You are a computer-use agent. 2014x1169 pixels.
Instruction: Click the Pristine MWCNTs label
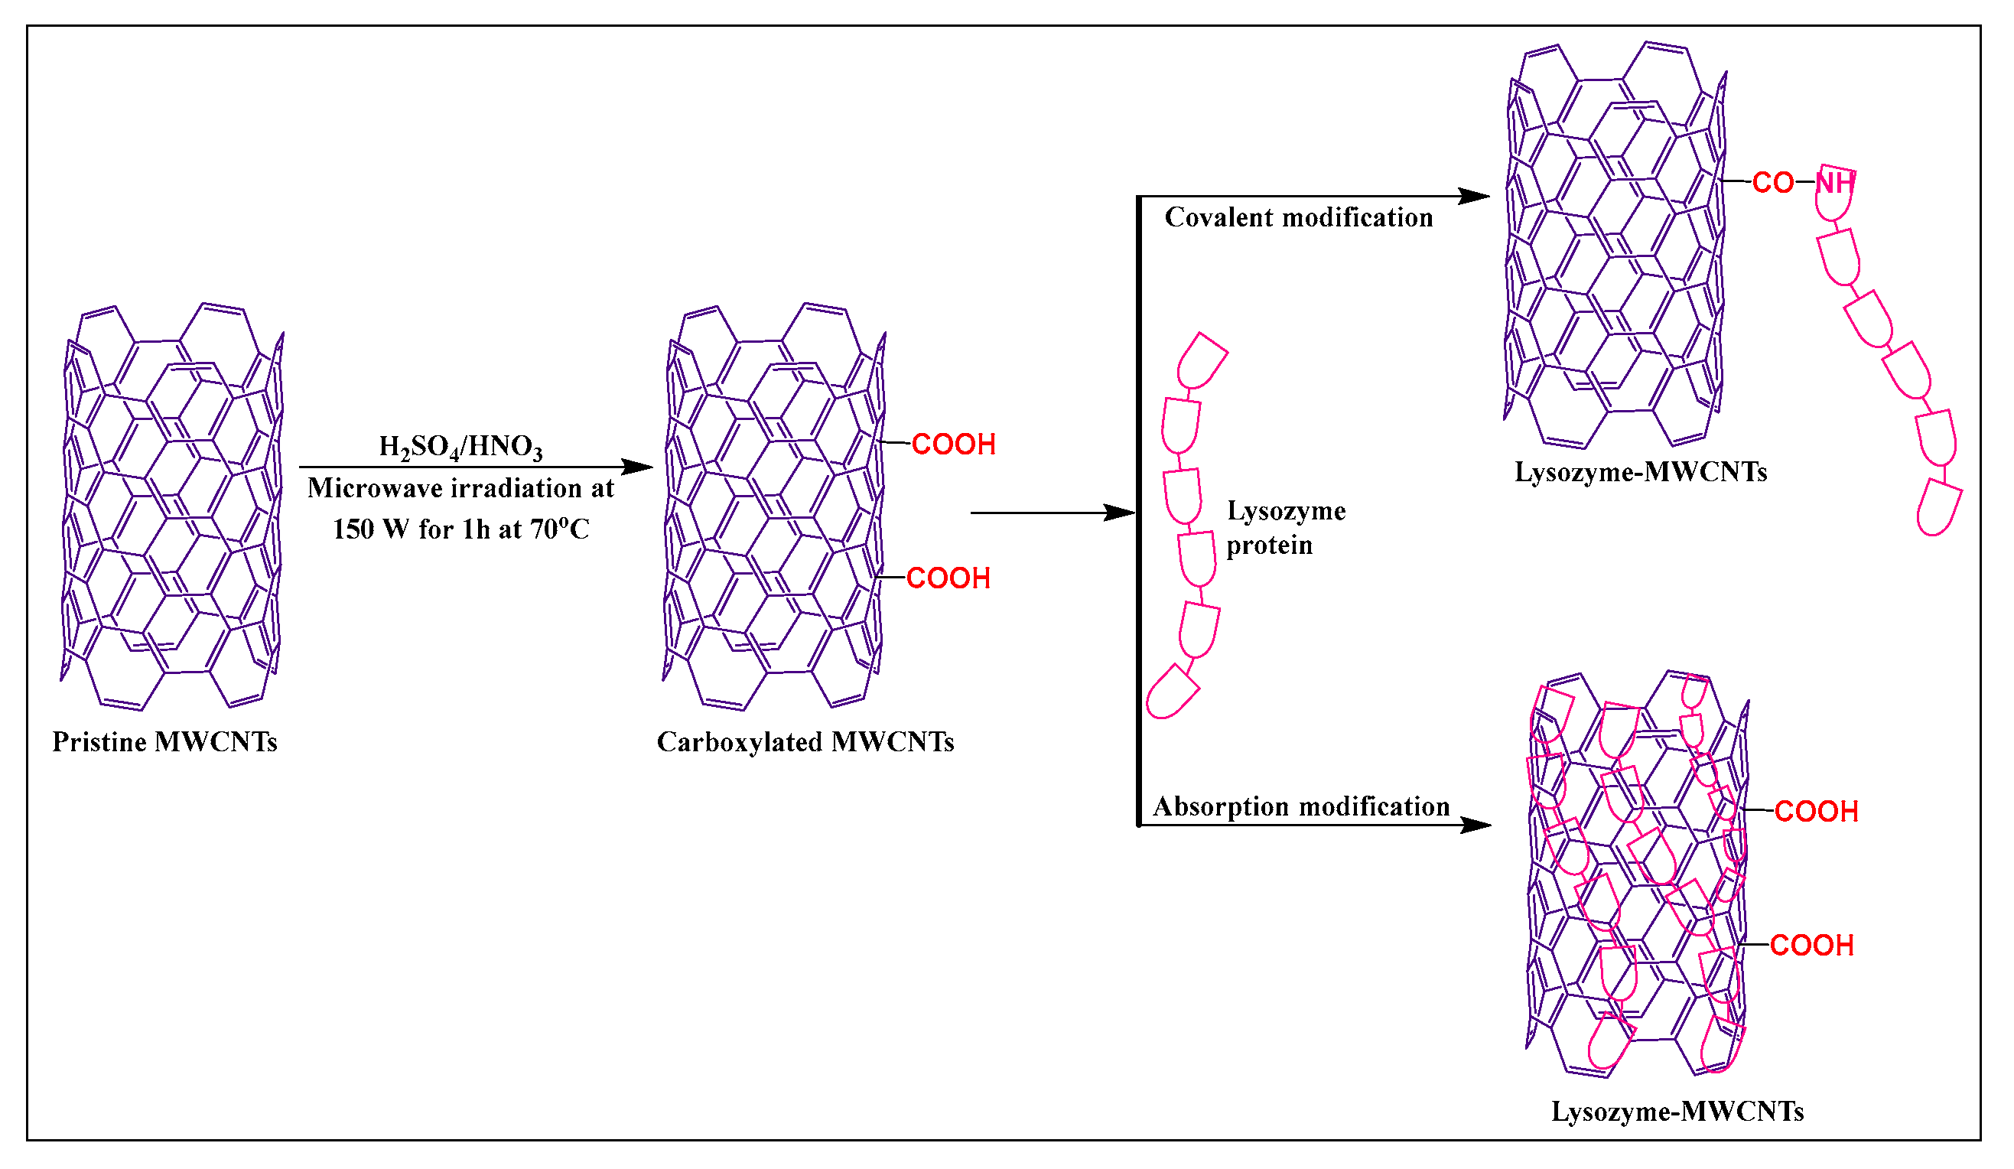pos(164,742)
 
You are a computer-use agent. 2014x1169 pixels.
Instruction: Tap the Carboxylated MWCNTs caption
pos(805,742)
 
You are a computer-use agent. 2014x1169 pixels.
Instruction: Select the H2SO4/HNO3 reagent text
pos(460,446)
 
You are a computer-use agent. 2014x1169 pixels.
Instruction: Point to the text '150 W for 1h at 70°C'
pos(460,529)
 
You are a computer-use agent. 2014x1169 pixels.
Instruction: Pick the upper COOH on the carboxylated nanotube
pos(952,444)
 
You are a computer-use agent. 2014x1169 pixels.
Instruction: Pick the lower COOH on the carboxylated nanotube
pos(948,578)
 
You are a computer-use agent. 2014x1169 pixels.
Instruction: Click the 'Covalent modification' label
pos(1298,217)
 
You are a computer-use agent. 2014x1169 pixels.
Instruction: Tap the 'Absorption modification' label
pos(1300,806)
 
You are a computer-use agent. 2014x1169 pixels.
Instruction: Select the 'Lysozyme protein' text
pos(1285,528)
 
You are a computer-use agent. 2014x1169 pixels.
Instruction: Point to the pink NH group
pos(1833,183)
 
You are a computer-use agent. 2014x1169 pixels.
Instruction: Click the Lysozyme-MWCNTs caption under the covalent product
pos(1640,472)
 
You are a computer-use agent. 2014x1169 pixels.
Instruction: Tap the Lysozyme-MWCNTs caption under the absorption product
pos(1677,1112)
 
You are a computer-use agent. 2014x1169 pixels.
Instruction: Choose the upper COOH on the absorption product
pos(1816,812)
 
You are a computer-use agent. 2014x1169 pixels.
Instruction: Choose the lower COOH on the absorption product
pos(1811,945)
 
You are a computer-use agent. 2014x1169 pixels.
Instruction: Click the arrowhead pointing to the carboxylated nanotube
pos(639,467)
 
